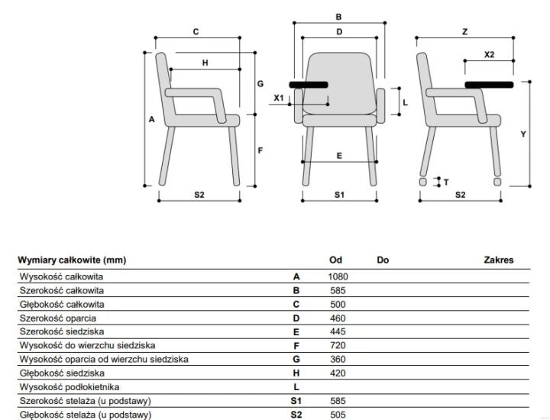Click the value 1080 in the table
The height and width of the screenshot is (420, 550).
[x=338, y=276]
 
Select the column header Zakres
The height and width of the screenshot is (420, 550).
[x=498, y=260]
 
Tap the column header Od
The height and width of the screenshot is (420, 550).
[x=335, y=260]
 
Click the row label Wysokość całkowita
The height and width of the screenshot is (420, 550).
[x=61, y=276]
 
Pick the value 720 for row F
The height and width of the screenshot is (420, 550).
[x=338, y=346]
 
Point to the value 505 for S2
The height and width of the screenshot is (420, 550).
[x=338, y=415]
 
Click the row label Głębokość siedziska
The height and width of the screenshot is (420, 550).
[x=62, y=373]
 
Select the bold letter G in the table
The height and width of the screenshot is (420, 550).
[x=296, y=360]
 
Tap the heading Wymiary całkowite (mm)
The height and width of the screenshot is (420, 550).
[x=72, y=260]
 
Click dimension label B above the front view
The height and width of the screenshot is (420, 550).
[x=338, y=17]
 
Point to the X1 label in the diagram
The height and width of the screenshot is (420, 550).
[x=279, y=98]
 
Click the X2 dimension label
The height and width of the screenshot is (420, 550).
[x=490, y=54]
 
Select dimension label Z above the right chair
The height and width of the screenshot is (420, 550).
[x=464, y=31]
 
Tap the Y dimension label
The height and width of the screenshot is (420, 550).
[x=523, y=134]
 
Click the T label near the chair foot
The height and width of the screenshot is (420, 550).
[x=446, y=183]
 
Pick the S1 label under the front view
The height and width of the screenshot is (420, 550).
[x=339, y=195]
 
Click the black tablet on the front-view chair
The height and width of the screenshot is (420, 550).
[x=309, y=85]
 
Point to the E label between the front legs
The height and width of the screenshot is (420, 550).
[x=339, y=156]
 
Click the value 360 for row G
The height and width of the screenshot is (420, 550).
[x=338, y=360]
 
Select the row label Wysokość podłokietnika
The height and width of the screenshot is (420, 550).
[x=70, y=387]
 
